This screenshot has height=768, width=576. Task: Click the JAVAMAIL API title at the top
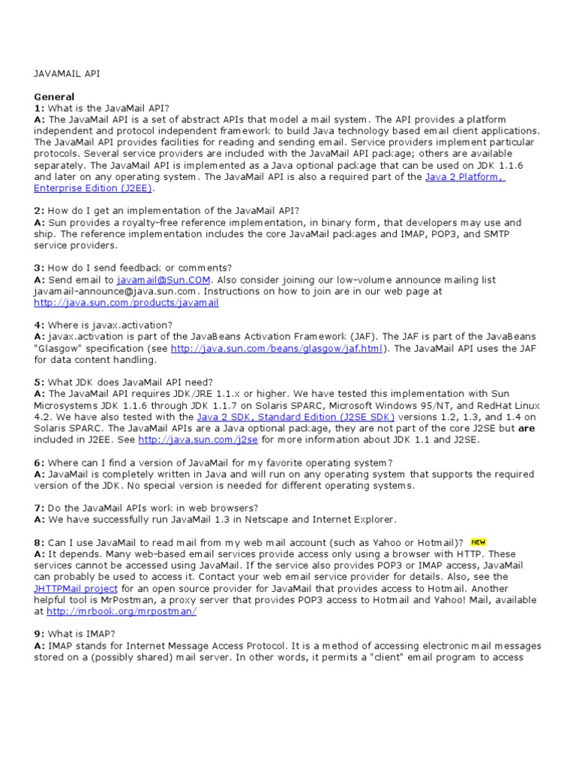pos(67,73)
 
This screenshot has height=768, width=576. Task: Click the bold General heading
pos(54,97)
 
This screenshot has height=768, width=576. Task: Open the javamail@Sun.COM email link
pos(163,280)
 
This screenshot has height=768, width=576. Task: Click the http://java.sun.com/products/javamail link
pos(126,303)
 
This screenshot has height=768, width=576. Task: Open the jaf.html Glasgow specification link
pos(277,349)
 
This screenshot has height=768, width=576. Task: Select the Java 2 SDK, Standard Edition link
pos(295,416)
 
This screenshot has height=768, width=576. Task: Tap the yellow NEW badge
pos(477,541)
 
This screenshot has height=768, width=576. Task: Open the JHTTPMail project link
pos(76,589)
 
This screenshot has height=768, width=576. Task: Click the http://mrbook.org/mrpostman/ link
pos(121,611)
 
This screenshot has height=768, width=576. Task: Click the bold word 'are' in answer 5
pos(526,428)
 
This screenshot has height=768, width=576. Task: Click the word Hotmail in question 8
pos(435,542)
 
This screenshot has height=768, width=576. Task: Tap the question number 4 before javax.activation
pos(39,325)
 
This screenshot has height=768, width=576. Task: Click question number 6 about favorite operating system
pos(39,463)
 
